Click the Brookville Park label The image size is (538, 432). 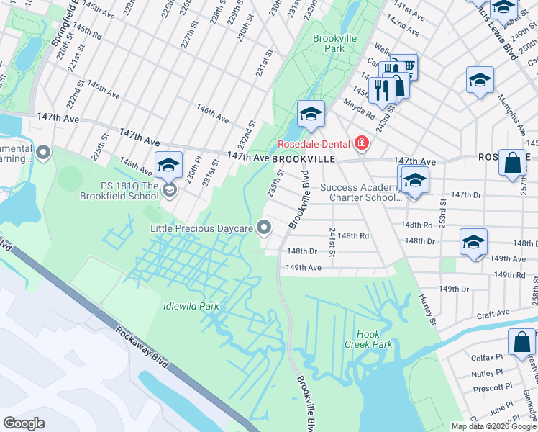(329, 42)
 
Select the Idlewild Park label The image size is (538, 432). (191, 306)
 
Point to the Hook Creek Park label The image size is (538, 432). (374, 339)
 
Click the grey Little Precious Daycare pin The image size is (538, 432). (265, 228)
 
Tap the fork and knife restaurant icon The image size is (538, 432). (380, 89)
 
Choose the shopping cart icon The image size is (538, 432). (405, 67)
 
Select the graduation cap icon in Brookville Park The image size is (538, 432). (311, 114)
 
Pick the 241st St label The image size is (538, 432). (332, 242)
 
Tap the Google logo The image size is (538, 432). (24, 423)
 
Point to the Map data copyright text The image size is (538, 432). (493, 426)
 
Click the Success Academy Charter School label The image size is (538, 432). (360, 193)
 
